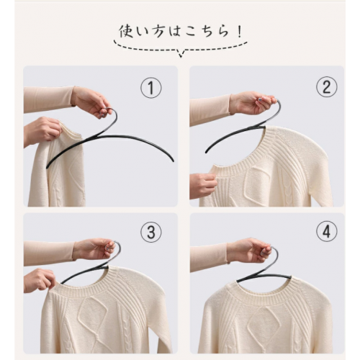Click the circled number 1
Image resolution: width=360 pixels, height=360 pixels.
coord(151,88)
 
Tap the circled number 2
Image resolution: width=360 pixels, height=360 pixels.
coord(327,87)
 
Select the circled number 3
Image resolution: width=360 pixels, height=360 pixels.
coord(151,232)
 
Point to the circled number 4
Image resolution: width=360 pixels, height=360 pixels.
coord(327,231)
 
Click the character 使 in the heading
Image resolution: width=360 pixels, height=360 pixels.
coord(126,32)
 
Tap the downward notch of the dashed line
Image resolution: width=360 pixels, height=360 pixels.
coord(181,54)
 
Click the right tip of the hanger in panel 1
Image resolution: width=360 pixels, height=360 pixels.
coord(174,161)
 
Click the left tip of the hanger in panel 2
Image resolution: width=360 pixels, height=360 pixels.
coord(206,152)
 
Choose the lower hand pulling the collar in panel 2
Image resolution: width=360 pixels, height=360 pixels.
coord(203,185)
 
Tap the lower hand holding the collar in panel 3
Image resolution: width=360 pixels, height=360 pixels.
coord(40,280)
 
